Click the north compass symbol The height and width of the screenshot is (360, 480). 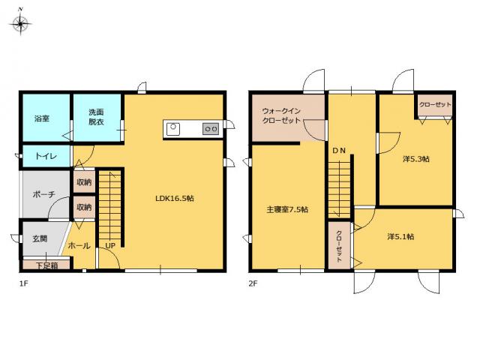pos(20,22)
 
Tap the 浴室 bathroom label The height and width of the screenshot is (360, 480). pos(42,118)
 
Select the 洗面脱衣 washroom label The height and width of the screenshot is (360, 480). pos(96,117)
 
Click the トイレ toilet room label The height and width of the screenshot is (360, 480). pos(46,157)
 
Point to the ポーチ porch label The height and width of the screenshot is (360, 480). pos(43,194)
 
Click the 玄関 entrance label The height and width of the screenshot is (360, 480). pos(40,238)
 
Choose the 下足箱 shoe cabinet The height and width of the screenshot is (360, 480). pos(46,265)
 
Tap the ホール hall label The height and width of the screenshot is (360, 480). pos(79,245)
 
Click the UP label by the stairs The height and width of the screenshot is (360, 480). pos(110,245)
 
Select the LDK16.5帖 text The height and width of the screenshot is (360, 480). pos(175,198)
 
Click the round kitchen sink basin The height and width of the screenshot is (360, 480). pos(173,127)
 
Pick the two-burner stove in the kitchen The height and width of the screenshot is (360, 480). pos(211,129)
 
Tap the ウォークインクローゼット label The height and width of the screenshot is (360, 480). pos(281,115)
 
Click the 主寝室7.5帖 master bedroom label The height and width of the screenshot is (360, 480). pos(287,210)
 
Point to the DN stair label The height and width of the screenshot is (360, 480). pos(339,151)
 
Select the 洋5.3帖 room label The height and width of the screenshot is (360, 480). pos(416,159)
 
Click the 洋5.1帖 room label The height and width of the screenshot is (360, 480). pos(400,237)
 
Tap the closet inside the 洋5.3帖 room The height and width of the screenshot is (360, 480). pos(435,105)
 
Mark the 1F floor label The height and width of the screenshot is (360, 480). pos(23,283)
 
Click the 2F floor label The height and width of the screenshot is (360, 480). pos(253,283)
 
